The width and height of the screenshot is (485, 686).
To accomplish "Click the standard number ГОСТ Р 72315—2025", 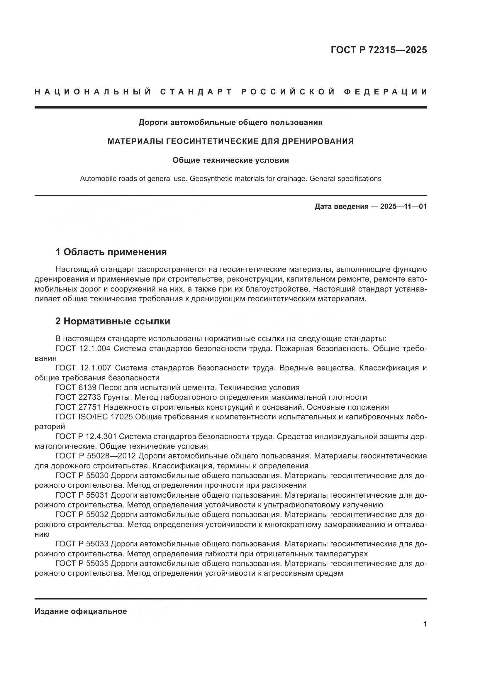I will click(x=379, y=50).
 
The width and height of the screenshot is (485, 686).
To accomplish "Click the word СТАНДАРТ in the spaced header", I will click(x=196, y=92).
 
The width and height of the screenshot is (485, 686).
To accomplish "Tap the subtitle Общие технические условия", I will click(x=230, y=160).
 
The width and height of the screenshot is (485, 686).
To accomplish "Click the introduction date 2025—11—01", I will click(x=403, y=206).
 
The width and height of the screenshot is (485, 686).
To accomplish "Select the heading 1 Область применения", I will click(x=111, y=252).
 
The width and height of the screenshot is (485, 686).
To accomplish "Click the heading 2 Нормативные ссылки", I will click(x=113, y=321).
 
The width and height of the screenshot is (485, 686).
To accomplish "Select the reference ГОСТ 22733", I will click(x=78, y=397).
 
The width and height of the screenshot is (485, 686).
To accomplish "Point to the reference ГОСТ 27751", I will click(x=78, y=407).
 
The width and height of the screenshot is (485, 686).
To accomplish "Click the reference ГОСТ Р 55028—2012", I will click(x=96, y=456).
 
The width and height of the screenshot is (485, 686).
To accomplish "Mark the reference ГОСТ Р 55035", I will click(x=82, y=563).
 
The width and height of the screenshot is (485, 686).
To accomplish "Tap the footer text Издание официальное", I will click(x=81, y=611).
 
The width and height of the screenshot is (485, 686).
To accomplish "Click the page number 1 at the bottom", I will click(x=425, y=624).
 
